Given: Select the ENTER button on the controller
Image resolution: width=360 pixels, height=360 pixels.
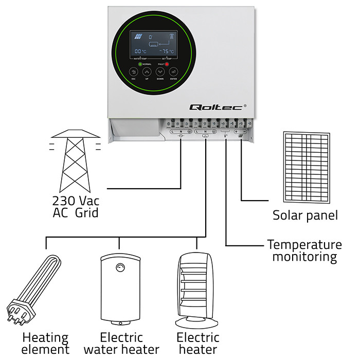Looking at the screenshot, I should (x=173, y=72).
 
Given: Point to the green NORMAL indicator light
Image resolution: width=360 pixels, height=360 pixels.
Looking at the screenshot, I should (x=140, y=64).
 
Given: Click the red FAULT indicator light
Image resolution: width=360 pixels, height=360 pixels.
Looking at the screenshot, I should (x=167, y=64).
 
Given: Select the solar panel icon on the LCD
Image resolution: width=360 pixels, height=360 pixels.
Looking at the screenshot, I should (x=137, y=37).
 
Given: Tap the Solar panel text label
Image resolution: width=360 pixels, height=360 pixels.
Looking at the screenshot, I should (x=305, y=215).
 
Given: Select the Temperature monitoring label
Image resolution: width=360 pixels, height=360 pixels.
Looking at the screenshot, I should (x=304, y=250).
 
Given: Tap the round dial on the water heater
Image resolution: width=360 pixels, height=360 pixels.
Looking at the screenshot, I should (x=120, y=267).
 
